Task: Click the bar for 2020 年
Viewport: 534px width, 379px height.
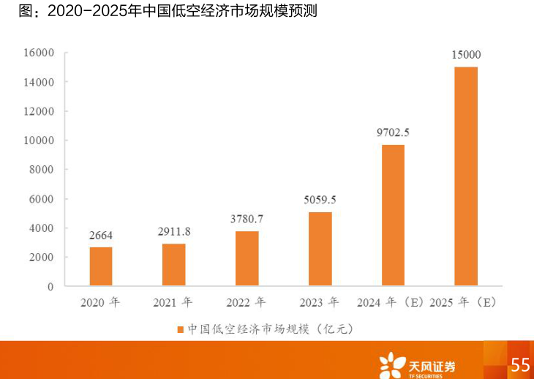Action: [x=101, y=266]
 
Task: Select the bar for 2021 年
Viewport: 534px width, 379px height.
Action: [x=173, y=264]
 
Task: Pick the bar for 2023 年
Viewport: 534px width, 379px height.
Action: [x=320, y=249]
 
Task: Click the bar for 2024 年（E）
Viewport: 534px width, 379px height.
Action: [x=393, y=215]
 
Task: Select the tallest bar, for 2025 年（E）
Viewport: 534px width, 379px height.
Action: [x=466, y=176]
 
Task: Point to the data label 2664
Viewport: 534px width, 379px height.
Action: [x=101, y=235]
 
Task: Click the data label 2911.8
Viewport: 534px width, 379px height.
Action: [x=174, y=231]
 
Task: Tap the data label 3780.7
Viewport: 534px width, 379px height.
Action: [x=247, y=219]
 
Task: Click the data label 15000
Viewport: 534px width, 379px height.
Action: [x=466, y=54]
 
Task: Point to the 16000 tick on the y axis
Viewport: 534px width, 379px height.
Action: [x=39, y=53]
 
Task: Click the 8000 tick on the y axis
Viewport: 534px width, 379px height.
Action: [x=42, y=170]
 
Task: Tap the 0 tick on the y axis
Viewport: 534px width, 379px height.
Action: [x=50, y=287]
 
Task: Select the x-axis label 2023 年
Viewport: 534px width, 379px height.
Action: [x=319, y=302]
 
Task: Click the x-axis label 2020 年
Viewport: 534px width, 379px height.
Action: [x=100, y=302]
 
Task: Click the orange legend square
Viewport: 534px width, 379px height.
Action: [x=180, y=329]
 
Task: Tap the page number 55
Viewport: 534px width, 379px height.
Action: [x=520, y=364]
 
